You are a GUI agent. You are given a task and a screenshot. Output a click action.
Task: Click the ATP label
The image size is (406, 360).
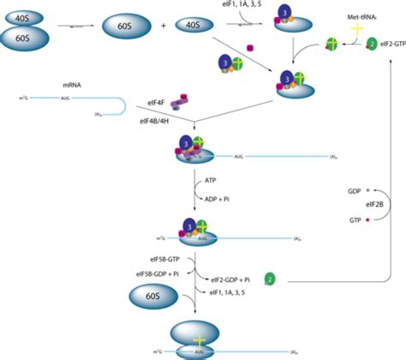click(212, 182)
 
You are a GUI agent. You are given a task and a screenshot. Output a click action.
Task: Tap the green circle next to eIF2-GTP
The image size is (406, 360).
click(371, 43)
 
